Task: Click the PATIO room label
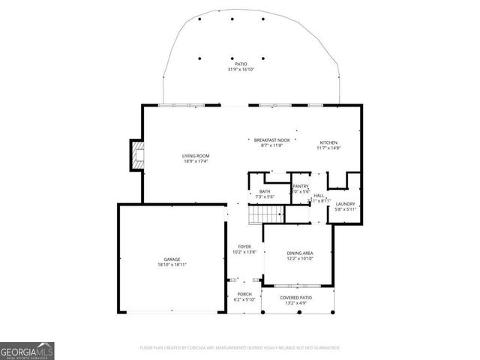241,64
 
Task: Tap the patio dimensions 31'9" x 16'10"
241,70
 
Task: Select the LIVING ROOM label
195,155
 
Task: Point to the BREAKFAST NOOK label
271,140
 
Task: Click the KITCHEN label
329,142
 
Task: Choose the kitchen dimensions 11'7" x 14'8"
329,148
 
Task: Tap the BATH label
265,191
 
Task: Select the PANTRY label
301,186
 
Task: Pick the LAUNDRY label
345,203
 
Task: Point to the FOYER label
244,246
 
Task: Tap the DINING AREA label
299,253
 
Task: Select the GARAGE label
172,259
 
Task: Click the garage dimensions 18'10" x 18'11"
172,265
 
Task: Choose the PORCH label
244,293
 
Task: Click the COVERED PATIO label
295,297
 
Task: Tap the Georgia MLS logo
27,350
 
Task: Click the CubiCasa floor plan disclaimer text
240,348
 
